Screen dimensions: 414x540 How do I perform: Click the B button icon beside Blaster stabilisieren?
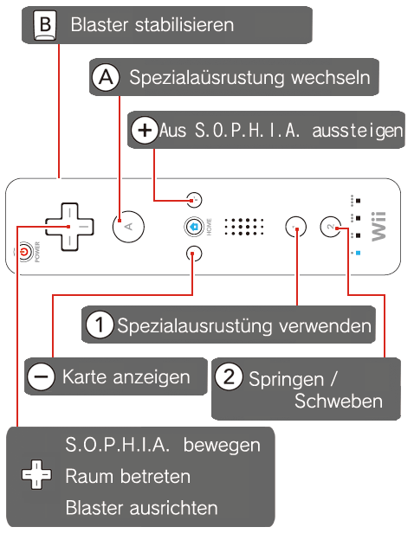pyautogui.click(x=45, y=25)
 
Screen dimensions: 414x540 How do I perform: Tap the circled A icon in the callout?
pyautogui.click(x=106, y=77)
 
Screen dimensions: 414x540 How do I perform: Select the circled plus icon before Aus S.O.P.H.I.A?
pyautogui.click(x=145, y=130)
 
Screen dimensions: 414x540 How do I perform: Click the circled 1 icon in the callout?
pyautogui.click(x=100, y=325)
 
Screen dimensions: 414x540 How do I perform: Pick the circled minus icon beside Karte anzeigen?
pyautogui.click(x=42, y=376)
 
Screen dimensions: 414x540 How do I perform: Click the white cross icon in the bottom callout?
pyautogui.click(x=36, y=474)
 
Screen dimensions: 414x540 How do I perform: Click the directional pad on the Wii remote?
pyautogui.click(x=69, y=227)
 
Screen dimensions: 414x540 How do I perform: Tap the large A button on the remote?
pyautogui.click(x=128, y=227)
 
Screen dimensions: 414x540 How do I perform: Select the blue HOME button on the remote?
pyautogui.click(x=194, y=227)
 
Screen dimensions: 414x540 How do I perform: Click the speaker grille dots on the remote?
pyautogui.click(x=244, y=227)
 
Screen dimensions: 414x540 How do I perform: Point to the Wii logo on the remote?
pyautogui.click(x=378, y=227)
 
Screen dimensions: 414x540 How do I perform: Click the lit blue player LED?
pyautogui.click(x=358, y=253)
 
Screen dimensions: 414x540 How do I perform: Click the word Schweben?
pyautogui.click(x=339, y=402)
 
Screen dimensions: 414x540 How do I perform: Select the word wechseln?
pyautogui.click(x=331, y=77)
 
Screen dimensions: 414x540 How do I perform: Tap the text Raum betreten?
pyautogui.click(x=128, y=477)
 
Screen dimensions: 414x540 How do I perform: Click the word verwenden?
pyautogui.click(x=325, y=325)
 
